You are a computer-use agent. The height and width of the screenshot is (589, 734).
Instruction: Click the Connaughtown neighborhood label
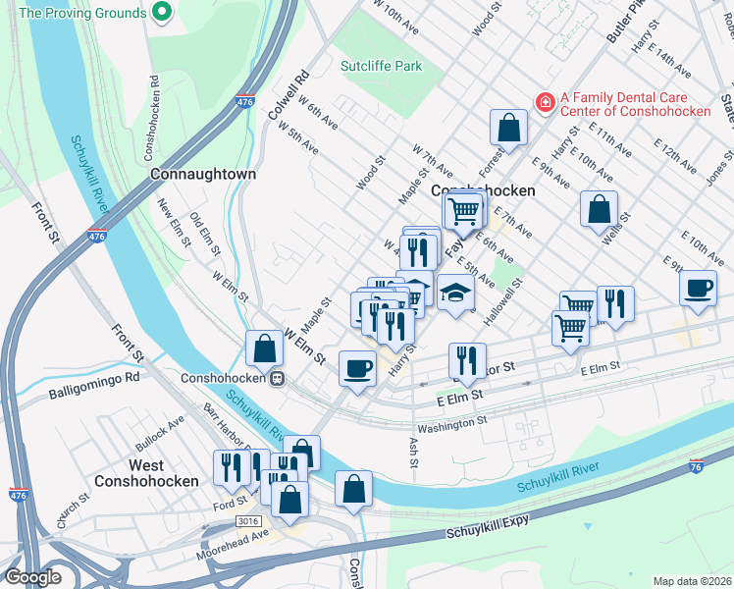click(203, 174)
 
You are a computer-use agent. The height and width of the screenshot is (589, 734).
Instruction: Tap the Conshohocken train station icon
click(279, 377)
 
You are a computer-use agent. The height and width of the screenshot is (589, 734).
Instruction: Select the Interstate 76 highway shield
click(697, 466)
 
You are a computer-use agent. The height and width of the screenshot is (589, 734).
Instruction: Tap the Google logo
click(33, 577)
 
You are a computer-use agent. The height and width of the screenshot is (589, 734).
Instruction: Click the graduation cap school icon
click(455, 293)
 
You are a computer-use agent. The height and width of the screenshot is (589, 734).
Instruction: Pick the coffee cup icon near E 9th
click(698, 288)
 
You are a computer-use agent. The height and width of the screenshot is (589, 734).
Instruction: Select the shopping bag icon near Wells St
click(599, 207)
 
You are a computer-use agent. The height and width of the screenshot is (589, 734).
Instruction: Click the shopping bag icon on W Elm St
click(264, 347)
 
